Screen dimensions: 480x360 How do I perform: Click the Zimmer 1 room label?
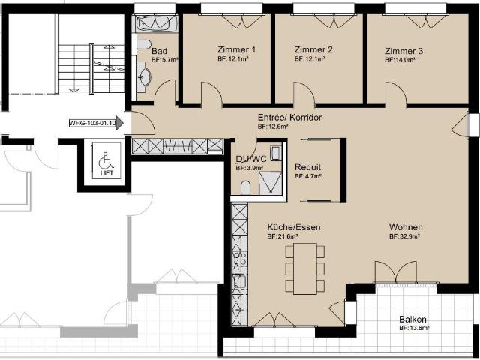tap(236, 49)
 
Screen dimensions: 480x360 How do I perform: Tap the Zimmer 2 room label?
tap(313, 49)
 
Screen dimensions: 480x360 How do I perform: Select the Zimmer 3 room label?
tap(403, 51)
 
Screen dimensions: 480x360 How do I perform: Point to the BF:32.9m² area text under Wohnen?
tap(404, 236)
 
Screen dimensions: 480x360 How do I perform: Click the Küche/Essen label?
tap(294, 227)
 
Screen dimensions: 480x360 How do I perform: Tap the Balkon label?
tap(412, 319)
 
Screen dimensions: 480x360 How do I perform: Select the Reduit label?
tap(307, 167)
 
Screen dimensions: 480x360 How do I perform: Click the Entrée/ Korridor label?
tap(289, 117)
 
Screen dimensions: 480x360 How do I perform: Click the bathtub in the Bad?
tap(157, 23)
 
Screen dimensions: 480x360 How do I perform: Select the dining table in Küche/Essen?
tap(305, 268)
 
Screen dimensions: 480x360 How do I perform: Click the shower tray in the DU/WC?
tap(270, 183)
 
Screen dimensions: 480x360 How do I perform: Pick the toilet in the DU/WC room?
tap(245, 188)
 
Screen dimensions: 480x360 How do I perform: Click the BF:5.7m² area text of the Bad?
tap(165, 60)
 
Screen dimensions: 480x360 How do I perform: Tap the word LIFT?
tap(106, 172)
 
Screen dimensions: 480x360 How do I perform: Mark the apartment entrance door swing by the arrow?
tap(143, 123)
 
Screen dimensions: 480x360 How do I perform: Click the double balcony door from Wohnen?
tap(395, 271)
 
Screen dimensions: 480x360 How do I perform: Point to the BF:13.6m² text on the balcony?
tap(414, 328)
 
